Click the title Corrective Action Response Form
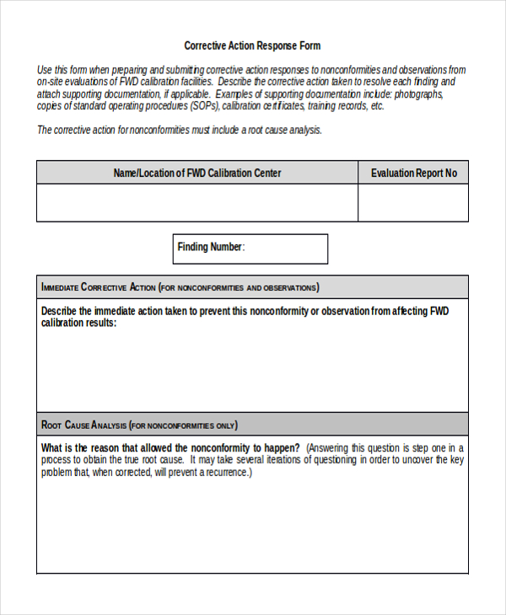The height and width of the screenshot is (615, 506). [x=252, y=45]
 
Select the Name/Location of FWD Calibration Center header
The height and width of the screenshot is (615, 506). [x=197, y=173]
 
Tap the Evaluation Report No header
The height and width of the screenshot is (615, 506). [x=413, y=173]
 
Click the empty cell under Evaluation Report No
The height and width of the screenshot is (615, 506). [x=413, y=203]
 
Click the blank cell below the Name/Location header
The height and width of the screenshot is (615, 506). [x=197, y=203]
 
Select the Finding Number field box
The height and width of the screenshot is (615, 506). [x=250, y=249]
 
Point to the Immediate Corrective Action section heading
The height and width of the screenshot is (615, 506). [x=99, y=287]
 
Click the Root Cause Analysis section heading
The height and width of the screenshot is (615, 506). [x=84, y=425]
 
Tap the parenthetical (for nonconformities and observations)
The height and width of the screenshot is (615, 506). [x=239, y=287]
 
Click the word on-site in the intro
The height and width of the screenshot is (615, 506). [x=51, y=83]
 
